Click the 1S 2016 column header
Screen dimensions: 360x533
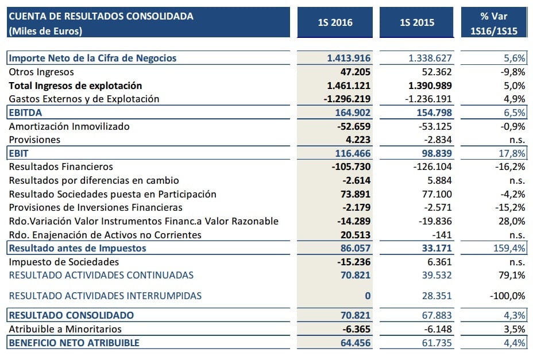click(335, 23)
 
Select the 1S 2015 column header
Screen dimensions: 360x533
click(417, 23)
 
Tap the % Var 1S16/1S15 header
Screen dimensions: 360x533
click(495, 23)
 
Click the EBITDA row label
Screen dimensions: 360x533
click(26, 113)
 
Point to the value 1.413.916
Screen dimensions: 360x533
click(349, 58)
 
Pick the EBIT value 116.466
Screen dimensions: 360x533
click(352, 153)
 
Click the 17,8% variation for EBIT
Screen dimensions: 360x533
click(513, 153)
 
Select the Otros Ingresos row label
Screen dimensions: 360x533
click(41, 72)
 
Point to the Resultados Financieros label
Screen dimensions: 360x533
click(61, 167)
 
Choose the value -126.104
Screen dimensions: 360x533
click(432, 167)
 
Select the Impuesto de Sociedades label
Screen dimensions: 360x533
click(64, 262)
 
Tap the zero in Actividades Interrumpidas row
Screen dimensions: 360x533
click(368, 296)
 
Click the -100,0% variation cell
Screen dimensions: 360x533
click(508, 296)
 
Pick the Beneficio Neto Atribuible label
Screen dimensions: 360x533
click(74, 343)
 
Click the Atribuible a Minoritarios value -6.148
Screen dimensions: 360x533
click(435, 329)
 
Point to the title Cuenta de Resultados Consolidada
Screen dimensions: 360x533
click(101, 16)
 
